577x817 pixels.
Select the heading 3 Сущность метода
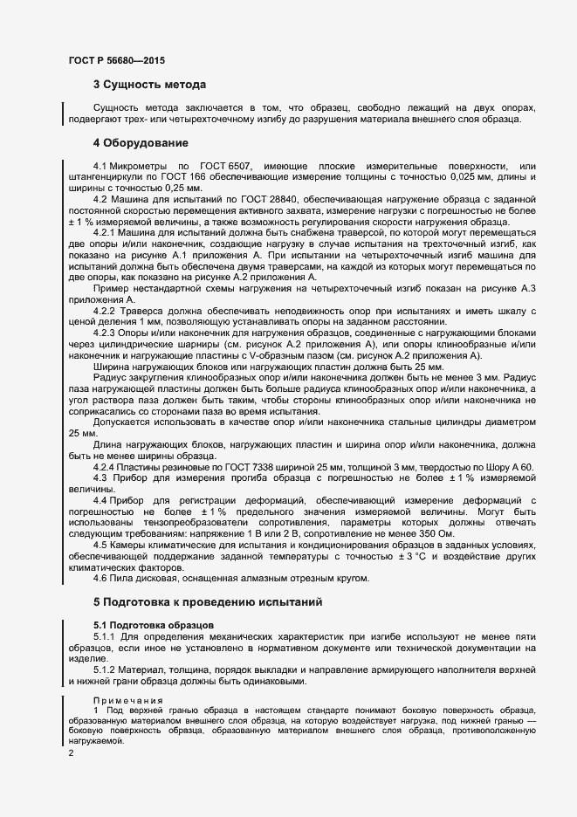coord(149,86)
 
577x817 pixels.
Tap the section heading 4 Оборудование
coord(141,142)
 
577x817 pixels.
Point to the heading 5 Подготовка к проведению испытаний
coord(208,602)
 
